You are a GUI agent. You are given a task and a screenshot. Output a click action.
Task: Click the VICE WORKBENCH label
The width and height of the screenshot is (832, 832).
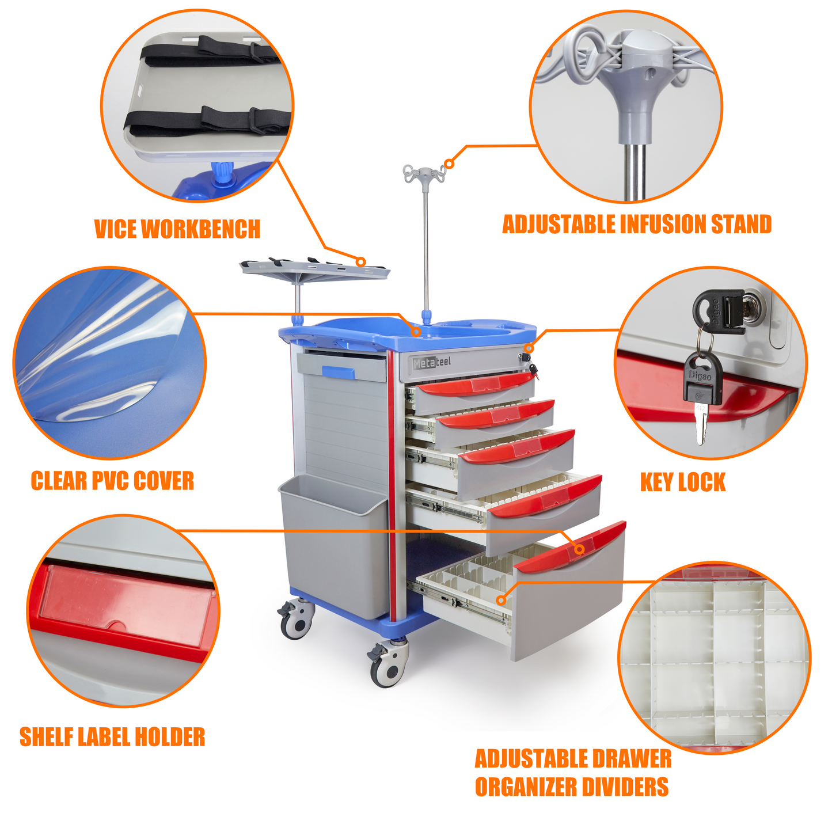[177, 229]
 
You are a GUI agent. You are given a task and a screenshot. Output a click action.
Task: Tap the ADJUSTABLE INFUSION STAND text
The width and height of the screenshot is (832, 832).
[637, 224]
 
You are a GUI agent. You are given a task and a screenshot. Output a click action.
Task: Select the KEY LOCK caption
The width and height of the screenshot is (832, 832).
[683, 482]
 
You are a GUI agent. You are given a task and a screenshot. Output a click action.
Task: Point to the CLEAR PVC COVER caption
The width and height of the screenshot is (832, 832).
[112, 481]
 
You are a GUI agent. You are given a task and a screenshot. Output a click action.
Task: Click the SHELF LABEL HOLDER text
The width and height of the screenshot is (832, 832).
[112, 736]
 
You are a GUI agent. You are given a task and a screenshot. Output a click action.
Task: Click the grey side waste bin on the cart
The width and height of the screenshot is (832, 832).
[335, 546]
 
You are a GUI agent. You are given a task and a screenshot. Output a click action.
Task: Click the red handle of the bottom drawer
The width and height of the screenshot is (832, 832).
[570, 547]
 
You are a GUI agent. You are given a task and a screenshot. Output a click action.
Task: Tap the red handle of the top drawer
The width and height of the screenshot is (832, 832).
[477, 383]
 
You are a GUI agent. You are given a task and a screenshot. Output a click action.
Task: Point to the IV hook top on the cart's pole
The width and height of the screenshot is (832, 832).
[425, 173]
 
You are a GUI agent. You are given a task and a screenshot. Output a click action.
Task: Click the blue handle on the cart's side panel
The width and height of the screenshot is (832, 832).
[339, 372]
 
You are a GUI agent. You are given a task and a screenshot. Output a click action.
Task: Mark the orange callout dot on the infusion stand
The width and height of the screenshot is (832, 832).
[449, 164]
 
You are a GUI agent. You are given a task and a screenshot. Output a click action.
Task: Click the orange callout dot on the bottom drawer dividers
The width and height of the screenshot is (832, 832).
[501, 600]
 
